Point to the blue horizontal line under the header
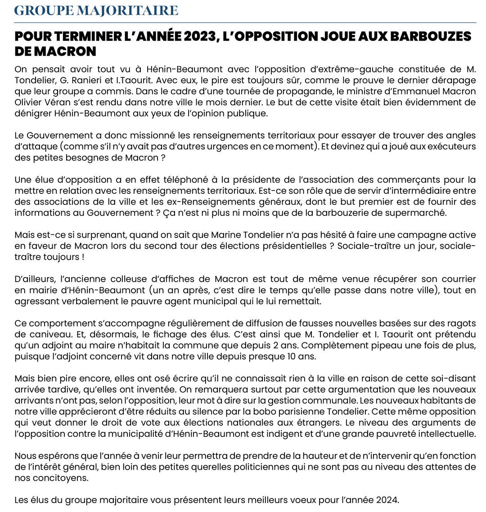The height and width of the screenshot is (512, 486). click(x=245, y=22)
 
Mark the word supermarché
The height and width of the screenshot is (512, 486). click(x=419, y=213)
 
